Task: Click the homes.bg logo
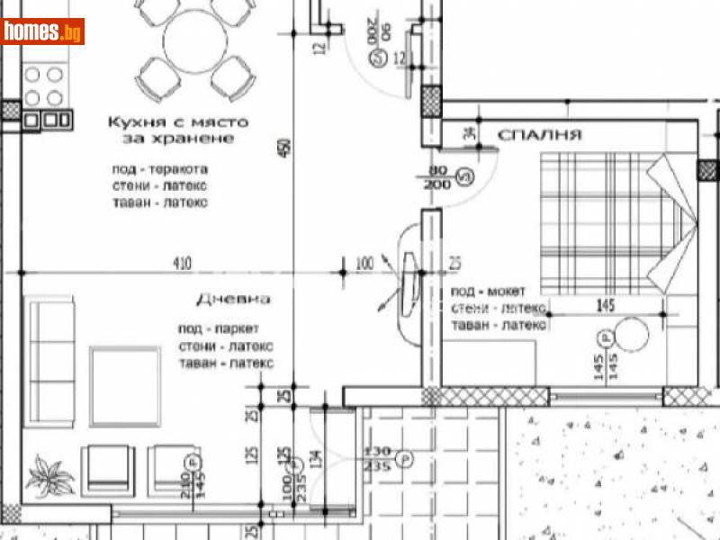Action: [43, 32]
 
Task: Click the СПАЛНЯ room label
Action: [539, 135]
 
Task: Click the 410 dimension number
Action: [183, 264]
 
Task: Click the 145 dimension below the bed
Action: [604, 306]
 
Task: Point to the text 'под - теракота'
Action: [160, 169]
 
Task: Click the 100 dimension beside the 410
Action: [364, 264]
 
